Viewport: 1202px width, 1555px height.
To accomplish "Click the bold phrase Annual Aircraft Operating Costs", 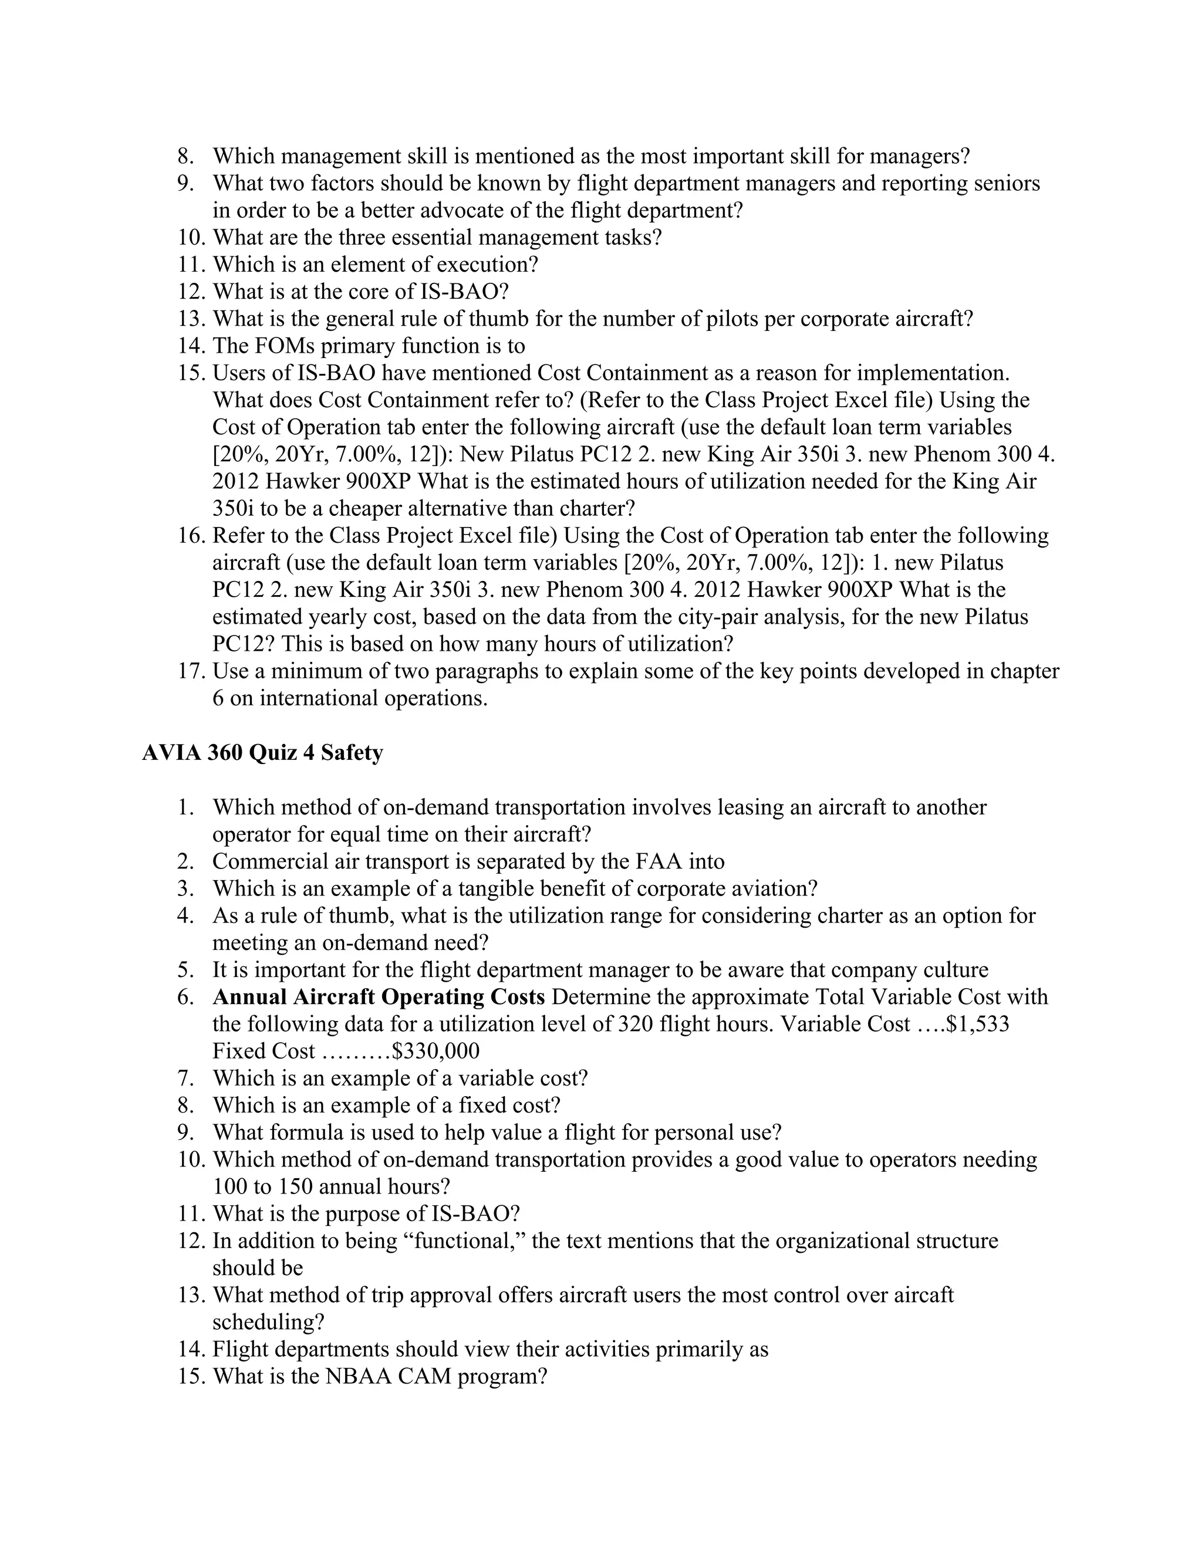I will click(x=379, y=997).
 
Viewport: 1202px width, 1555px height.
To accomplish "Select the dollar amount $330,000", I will click(x=435, y=1051).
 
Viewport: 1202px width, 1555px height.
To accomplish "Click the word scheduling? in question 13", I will click(x=268, y=1322).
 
